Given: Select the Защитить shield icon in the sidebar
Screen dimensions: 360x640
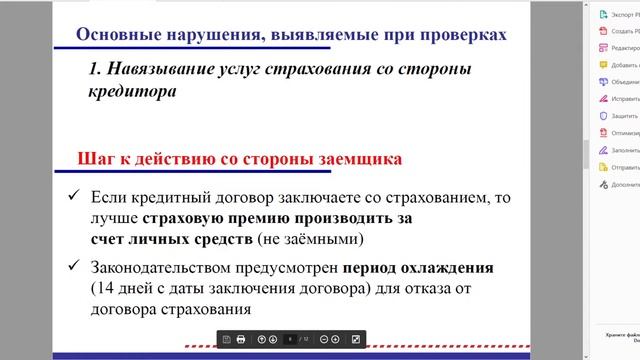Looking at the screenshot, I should [x=603, y=116].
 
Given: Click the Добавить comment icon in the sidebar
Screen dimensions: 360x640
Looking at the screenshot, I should [x=603, y=65].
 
